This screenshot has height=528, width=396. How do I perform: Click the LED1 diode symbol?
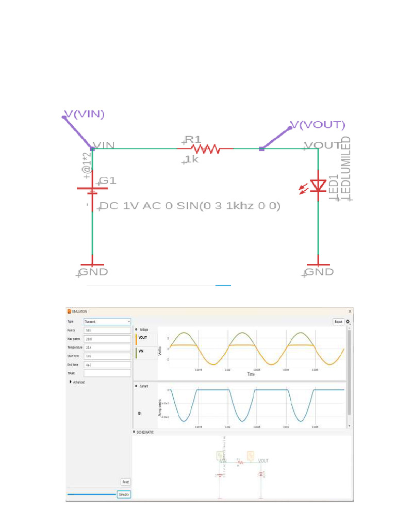point(318,186)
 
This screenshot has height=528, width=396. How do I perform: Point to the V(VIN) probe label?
point(84,114)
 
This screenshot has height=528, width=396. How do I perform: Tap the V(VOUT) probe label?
point(317,125)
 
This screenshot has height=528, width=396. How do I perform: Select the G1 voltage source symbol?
point(92,190)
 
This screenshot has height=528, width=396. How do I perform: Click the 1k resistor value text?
point(192,159)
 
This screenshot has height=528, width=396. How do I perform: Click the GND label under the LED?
point(319,272)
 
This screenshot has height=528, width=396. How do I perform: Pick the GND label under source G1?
point(93,272)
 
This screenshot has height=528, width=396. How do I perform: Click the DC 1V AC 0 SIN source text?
point(190,206)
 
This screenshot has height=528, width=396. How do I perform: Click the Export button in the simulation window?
point(338,322)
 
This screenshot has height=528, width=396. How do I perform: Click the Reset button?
point(125,482)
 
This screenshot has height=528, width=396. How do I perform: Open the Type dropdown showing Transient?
point(107,321)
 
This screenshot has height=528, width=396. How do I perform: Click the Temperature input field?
point(107,348)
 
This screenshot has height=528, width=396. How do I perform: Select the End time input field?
point(107,365)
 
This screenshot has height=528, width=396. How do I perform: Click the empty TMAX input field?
point(107,373)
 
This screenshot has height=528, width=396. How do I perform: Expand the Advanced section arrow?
point(70,382)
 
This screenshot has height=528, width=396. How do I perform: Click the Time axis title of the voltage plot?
point(251,374)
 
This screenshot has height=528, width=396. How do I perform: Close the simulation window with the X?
point(350,311)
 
